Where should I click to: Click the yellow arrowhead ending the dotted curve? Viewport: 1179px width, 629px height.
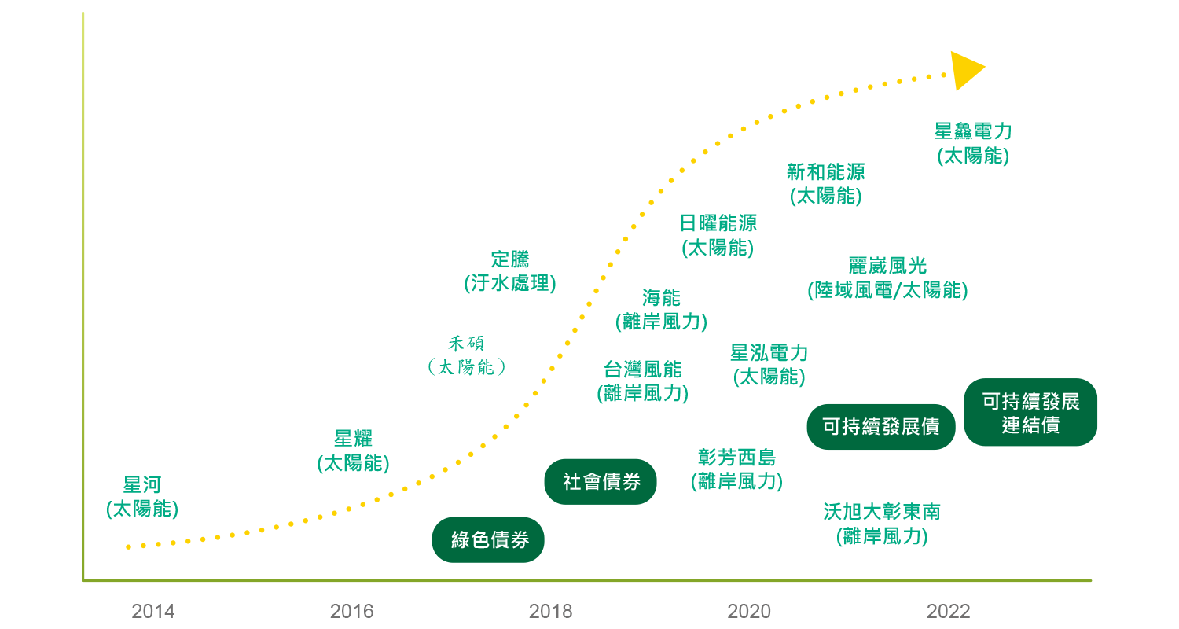pyautogui.click(x=965, y=71)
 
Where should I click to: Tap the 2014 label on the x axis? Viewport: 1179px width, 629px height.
pyautogui.click(x=153, y=611)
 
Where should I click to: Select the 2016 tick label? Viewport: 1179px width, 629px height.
pyautogui.click(x=351, y=611)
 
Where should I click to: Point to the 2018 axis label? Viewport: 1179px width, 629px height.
pyautogui.click(x=550, y=611)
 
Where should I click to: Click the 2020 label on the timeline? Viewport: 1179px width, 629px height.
pyautogui.click(x=749, y=611)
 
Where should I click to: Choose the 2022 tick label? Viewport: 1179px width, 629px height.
pyautogui.click(x=948, y=611)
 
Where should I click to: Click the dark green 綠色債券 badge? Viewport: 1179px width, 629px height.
pyautogui.click(x=488, y=539)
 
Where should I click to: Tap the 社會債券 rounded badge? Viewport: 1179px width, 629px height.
pyautogui.click(x=601, y=482)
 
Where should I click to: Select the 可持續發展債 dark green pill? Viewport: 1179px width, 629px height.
pyautogui.click(x=880, y=426)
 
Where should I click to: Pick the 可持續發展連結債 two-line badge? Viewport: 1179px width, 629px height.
pyautogui.click(x=1030, y=412)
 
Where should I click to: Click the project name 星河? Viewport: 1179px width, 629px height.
pyautogui.click(x=142, y=485)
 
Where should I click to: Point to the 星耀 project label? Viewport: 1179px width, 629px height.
pyautogui.click(x=353, y=439)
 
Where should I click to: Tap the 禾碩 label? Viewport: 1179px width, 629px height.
pyautogui.click(x=466, y=344)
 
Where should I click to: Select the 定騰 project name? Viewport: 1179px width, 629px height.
pyautogui.click(x=510, y=259)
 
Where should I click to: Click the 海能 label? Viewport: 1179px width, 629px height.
pyautogui.click(x=662, y=298)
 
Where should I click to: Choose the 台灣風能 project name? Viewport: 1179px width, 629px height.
pyautogui.click(x=643, y=370)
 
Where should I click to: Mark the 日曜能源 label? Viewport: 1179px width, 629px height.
pyautogui.click(x=718, y=223)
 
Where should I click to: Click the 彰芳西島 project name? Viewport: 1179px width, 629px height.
pyautogui.click(x=737, y=458)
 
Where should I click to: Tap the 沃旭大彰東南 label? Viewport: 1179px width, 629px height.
pyautogui.click(x=882, y=512)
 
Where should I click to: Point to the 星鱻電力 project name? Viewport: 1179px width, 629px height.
pyautogui.click(x=973, y=131)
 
